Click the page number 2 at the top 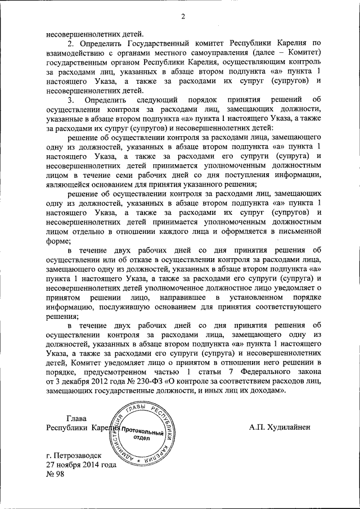pyautogui.click(x=183, y=16)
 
